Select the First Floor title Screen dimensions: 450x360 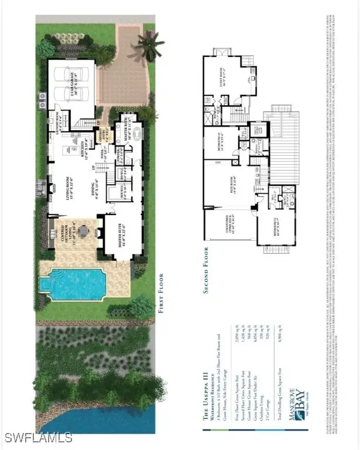click(161, 293)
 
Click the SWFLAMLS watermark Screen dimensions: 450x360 click(37, 437)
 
